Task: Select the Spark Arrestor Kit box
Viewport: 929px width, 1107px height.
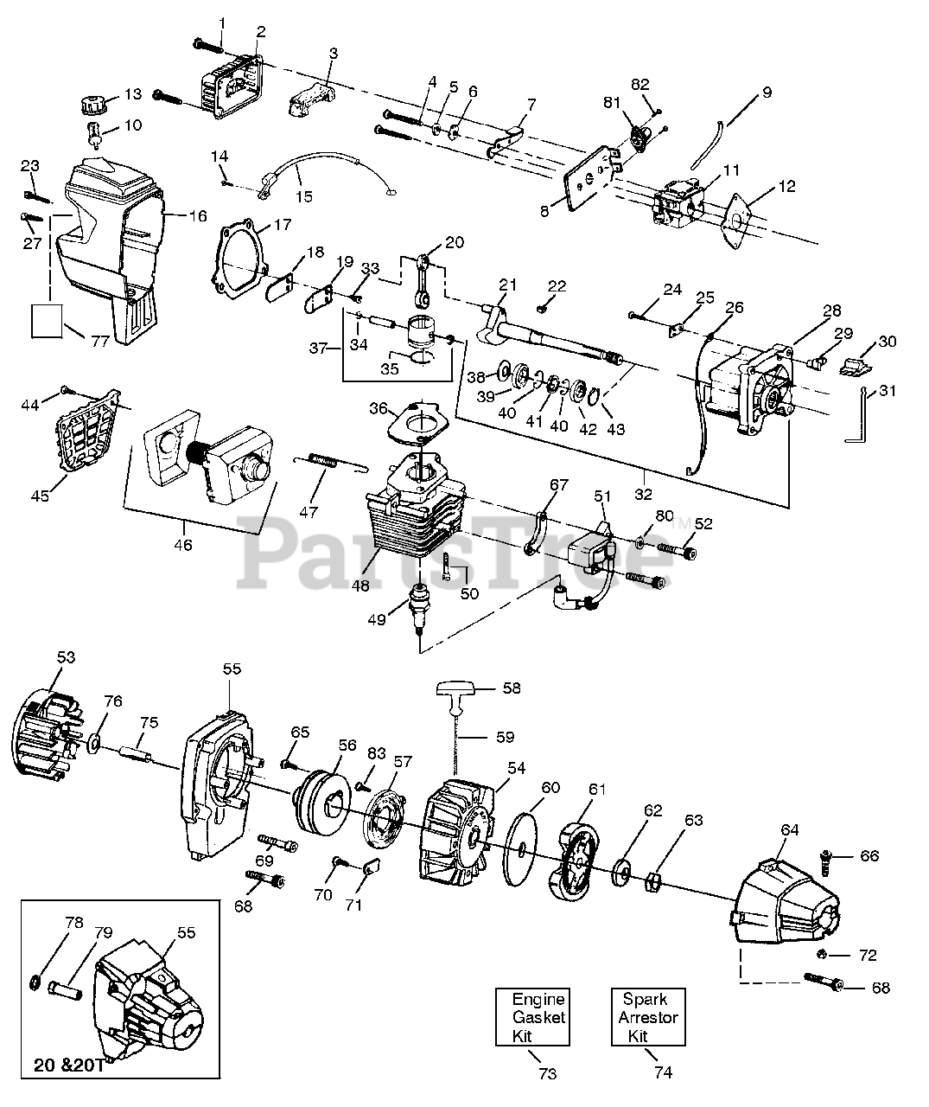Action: click(647, 1016)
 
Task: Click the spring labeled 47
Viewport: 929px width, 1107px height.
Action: click(317, 462)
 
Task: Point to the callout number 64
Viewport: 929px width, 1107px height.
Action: click(790, 830)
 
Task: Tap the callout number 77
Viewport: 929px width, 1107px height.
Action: click(100, 341)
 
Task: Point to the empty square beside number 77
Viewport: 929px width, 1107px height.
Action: click(48, 319)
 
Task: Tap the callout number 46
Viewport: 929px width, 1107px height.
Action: click(183, 545)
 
